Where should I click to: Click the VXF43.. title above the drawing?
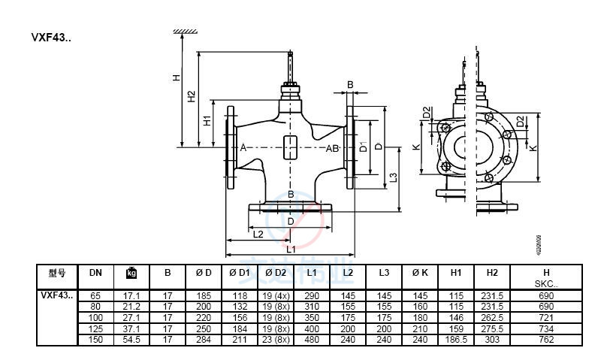coord(50,37)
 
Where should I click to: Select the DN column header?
coord(95,273)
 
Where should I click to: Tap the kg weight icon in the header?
coord(131,273)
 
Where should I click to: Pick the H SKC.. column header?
coord(546,277)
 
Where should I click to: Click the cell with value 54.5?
coord(131,340)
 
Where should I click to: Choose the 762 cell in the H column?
coord(546,340)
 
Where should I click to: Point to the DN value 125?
coord(95,328)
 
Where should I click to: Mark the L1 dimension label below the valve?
coord(291,247)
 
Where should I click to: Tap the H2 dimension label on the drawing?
coord(192,96)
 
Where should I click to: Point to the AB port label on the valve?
coord(332,148)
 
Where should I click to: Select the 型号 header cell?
coord(57,273)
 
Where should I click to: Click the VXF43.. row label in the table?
coord(57,296)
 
